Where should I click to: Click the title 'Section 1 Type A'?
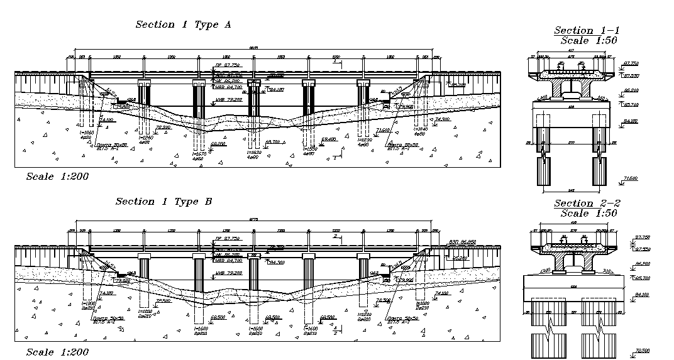pyautogui.click(x=184, y=25)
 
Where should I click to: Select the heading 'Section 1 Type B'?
pyautogui.click(x=163, y=202)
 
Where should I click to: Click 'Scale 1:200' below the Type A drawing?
pyautogui.click(x=57, y=177)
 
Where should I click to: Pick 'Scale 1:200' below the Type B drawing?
pyautogui.click(x=57, y=352)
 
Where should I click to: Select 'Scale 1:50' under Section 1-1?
pyautogui.click(x=589, y=40)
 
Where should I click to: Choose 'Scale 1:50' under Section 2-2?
pyautogui.click(x=589, y=214)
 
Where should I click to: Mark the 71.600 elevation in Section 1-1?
pyautogui.click(x=631, y=179)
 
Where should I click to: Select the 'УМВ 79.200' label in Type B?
pyautogui.click(x=228, y=273)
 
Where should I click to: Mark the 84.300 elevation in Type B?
pyautogui.click(x=276, y=263)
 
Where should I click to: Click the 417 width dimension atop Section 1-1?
pyautogui.click(x=570, y=50)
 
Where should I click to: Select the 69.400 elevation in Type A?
pyautogui.click(x=328, y=139)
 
